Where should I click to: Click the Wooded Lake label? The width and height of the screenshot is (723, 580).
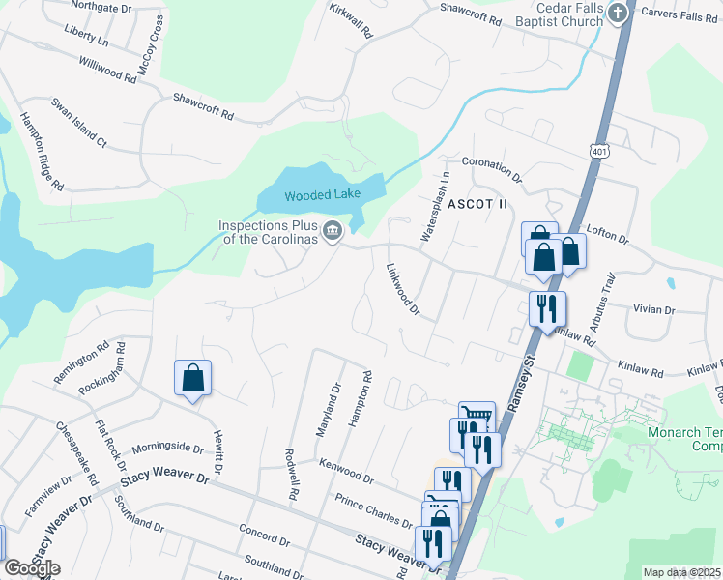[322, 195]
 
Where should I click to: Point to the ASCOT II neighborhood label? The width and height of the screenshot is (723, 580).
[477, 204]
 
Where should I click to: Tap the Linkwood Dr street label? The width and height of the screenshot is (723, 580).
[402, 290]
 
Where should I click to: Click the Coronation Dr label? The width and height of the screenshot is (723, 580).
[492, 171]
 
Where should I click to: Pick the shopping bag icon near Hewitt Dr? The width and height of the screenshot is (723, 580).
[192, 378]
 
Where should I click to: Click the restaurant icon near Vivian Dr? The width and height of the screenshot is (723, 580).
[547, 308]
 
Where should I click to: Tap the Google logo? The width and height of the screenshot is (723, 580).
[32, 567]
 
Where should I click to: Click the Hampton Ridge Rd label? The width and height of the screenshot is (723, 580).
[42, 151]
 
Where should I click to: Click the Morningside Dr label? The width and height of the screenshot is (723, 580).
[167, 449]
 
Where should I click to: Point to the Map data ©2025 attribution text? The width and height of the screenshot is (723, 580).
[681, 572]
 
